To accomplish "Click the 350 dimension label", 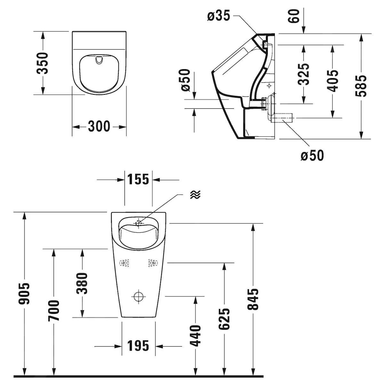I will coord(43,63).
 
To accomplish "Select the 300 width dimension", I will coord(99,126).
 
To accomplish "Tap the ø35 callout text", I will coord(219,16).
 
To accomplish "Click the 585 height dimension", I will coord(362,86).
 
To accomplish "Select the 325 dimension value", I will coord(304,74).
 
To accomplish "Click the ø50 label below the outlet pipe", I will coord(312,155).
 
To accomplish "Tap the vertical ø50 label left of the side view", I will coord(187,80).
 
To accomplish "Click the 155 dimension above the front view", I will coord(138,179).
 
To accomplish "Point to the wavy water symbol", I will coord(195,194).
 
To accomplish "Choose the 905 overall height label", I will coord(25,293).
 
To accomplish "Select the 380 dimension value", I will coord(82,283).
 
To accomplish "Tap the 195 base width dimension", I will coord(138,346).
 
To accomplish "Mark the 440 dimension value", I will coord(196,335).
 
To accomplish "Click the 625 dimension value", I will coord(224,319).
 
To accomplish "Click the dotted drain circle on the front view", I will coord(139,296).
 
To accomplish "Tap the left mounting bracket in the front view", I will coord(124,263).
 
